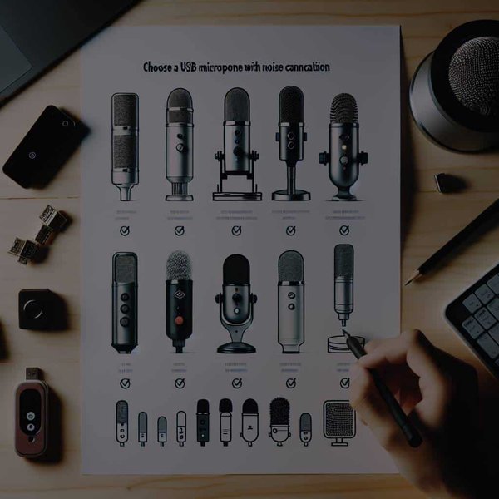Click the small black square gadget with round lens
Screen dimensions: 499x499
tap(37, 307)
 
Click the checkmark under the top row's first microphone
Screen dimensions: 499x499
tap(125, 231)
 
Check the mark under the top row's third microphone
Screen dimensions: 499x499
tap(236, 231)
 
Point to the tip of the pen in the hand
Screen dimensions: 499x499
tap(344, 334)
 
